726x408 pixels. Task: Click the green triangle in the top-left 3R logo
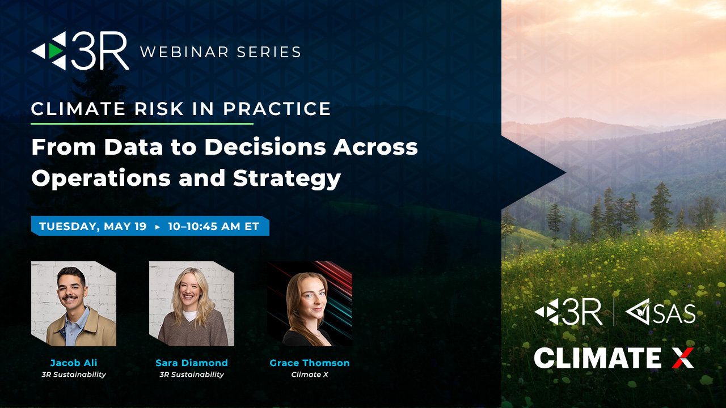[55, 51]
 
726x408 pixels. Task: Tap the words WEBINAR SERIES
[220, 52]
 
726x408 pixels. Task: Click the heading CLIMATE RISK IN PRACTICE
[181, 109]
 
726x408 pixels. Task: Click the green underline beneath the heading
[142, 124]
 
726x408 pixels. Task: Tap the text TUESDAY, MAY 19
[93, 227]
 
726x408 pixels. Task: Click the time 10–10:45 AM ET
[213, 227]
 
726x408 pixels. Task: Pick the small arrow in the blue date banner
[158, 227]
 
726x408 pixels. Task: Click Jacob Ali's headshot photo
[74, 304]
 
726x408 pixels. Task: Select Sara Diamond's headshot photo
[192, 304]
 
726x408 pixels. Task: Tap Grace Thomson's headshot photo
[310, 304]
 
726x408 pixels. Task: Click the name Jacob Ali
[74, 363]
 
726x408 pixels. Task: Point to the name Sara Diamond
[192, 363]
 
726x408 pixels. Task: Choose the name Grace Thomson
[310, 363]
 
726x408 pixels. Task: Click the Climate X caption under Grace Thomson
[310, 375]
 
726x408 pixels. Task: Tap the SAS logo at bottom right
[660, 312]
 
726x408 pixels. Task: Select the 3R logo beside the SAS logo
[568, 312]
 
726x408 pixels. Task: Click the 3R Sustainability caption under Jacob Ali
[74, 375]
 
